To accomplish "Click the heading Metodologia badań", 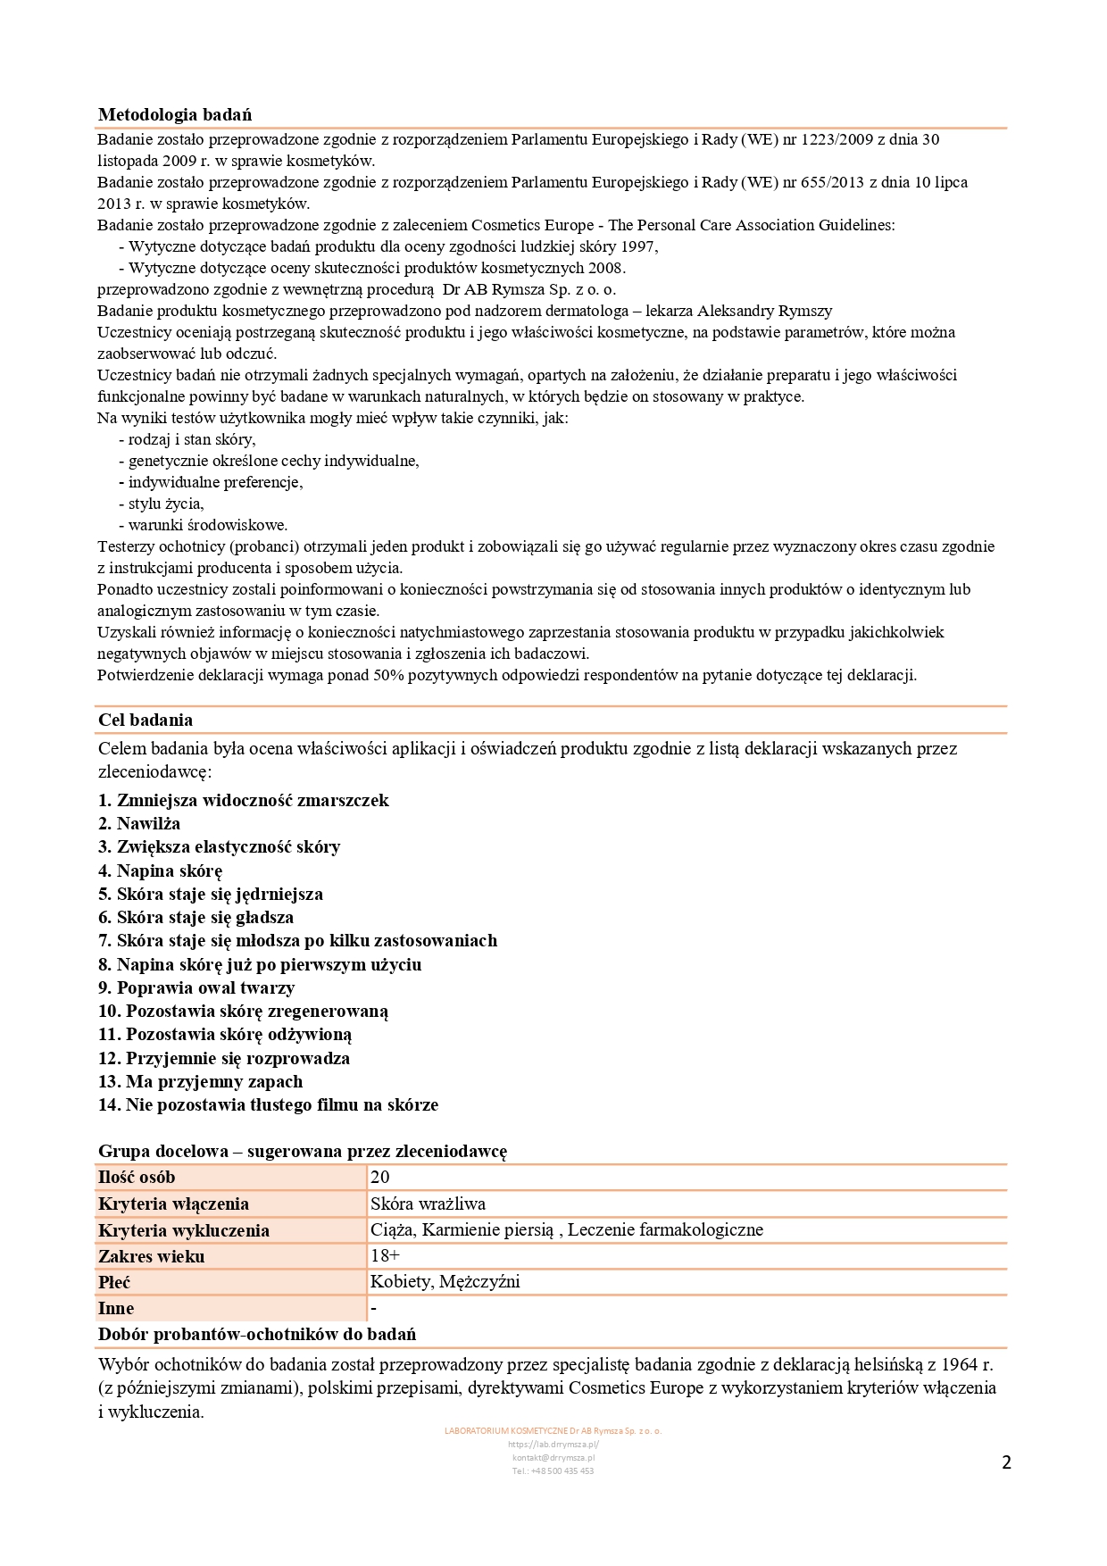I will pos(175,114).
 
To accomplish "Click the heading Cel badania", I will pos(146,720).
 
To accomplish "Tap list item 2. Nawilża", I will pos(139,823).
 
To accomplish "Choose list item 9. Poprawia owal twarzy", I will pos(196,987).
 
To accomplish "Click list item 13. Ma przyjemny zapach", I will pos(200,1081).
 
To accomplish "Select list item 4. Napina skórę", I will pos(160,870).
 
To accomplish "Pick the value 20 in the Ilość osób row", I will pos(380,1177).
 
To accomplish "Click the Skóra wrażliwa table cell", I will pos(429,1204).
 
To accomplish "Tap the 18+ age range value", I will pos(386,1255).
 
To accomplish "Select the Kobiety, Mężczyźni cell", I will pos(445,1282).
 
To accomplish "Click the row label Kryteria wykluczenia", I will pos(184,1230).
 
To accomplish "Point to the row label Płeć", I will pos(114,1282).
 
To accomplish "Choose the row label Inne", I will pos(116,1308).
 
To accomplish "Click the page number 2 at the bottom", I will pos(1007,1462).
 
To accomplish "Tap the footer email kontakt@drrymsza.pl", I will pos(553,1457).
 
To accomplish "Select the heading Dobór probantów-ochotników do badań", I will pos(257,1334).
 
